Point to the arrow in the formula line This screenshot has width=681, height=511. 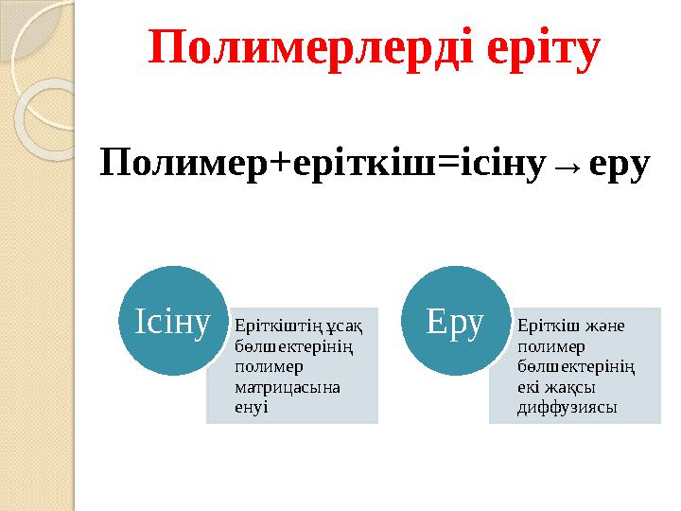[x=565, y=168]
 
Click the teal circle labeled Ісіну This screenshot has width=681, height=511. [x=172, y=323]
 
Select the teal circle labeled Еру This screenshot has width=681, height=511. [x=455, y=323]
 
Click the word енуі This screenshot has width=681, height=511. [x=251, y=407]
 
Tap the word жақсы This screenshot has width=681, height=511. [x=570, y=387]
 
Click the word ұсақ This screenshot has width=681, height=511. [x=346, y=326]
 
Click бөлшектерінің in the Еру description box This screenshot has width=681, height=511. [x=575, y=366]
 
